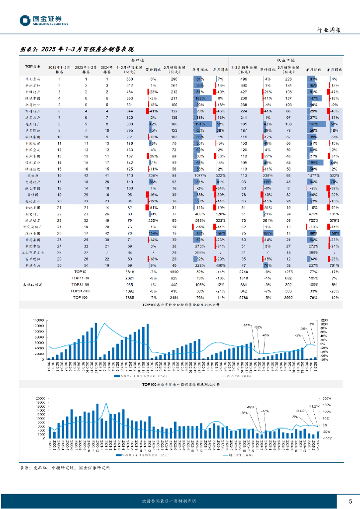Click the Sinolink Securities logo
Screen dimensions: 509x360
[44, 20]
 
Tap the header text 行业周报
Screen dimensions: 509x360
[329, 30]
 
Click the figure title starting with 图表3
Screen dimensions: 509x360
[77, 50]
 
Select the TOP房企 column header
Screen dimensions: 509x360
[32, 66]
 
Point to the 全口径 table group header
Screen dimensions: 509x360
[134, 59]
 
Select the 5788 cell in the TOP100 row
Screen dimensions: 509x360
[244, 297]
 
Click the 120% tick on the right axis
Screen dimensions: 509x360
[323, 320]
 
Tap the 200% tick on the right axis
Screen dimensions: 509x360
[325, 398]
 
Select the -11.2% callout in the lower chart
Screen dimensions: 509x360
[313, 406]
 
